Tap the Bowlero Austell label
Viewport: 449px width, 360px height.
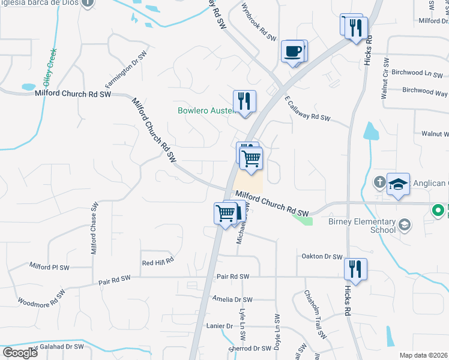click(x=204, y=110)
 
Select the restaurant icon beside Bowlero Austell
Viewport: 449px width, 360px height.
click(x=244, y=100)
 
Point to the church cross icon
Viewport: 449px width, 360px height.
click(x=379, y=181)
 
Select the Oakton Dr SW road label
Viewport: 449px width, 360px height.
click(x=321, y=256)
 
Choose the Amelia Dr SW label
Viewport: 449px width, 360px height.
click(x=233, y=299)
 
